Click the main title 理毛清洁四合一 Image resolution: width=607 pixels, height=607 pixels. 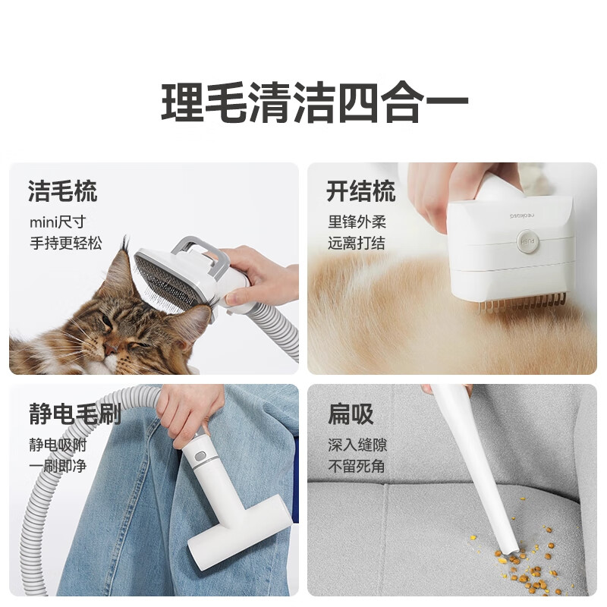coord(314,104)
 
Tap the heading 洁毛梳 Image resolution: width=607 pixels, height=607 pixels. coord(62,191)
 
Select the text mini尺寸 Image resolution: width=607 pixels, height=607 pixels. coord(58,222)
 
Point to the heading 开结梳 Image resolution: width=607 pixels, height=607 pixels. coord(360,191)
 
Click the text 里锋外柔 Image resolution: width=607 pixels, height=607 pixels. coord(357,222)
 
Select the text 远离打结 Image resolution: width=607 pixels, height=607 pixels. coord(357,244)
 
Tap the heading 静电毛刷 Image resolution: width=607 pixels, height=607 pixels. coord(74,414)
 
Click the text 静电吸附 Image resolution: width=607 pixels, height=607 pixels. coord(57,445)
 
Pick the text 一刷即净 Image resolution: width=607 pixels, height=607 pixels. coord(57,465)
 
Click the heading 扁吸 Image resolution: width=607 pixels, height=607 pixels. coord(350,414)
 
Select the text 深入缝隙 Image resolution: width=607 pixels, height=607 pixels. coord(357,445)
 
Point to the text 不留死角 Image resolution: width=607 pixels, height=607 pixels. coord(357,465)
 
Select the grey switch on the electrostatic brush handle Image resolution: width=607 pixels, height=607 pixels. coord(200,458)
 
